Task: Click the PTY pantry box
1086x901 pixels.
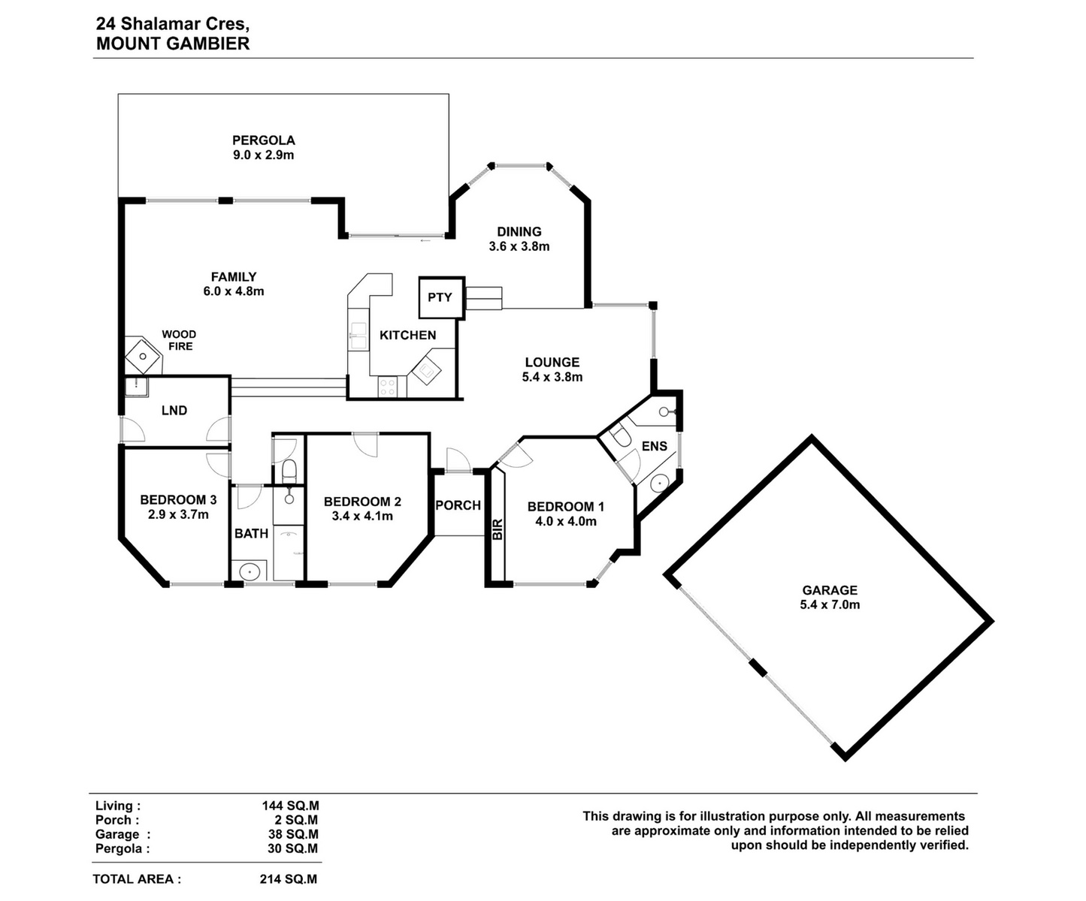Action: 441,297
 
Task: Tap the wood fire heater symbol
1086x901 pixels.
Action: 143,355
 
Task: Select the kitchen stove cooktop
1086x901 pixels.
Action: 388,387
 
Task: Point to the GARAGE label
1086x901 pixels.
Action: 830,589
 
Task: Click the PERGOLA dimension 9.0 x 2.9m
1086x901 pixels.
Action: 263,155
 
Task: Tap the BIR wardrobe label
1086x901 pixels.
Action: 498,529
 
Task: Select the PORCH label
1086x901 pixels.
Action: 458,505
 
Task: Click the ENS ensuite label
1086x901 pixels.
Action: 655,446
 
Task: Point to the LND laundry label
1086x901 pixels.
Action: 174,411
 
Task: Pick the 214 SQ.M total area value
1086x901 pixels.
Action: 288,879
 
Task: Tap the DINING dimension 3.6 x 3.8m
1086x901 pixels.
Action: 519,246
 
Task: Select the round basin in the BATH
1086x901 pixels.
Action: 250,572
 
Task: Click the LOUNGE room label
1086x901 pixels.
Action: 552,362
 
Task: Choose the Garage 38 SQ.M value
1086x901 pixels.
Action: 291,834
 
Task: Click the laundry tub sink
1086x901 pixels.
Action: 136,387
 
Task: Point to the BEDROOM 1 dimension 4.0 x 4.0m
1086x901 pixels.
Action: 566,521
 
